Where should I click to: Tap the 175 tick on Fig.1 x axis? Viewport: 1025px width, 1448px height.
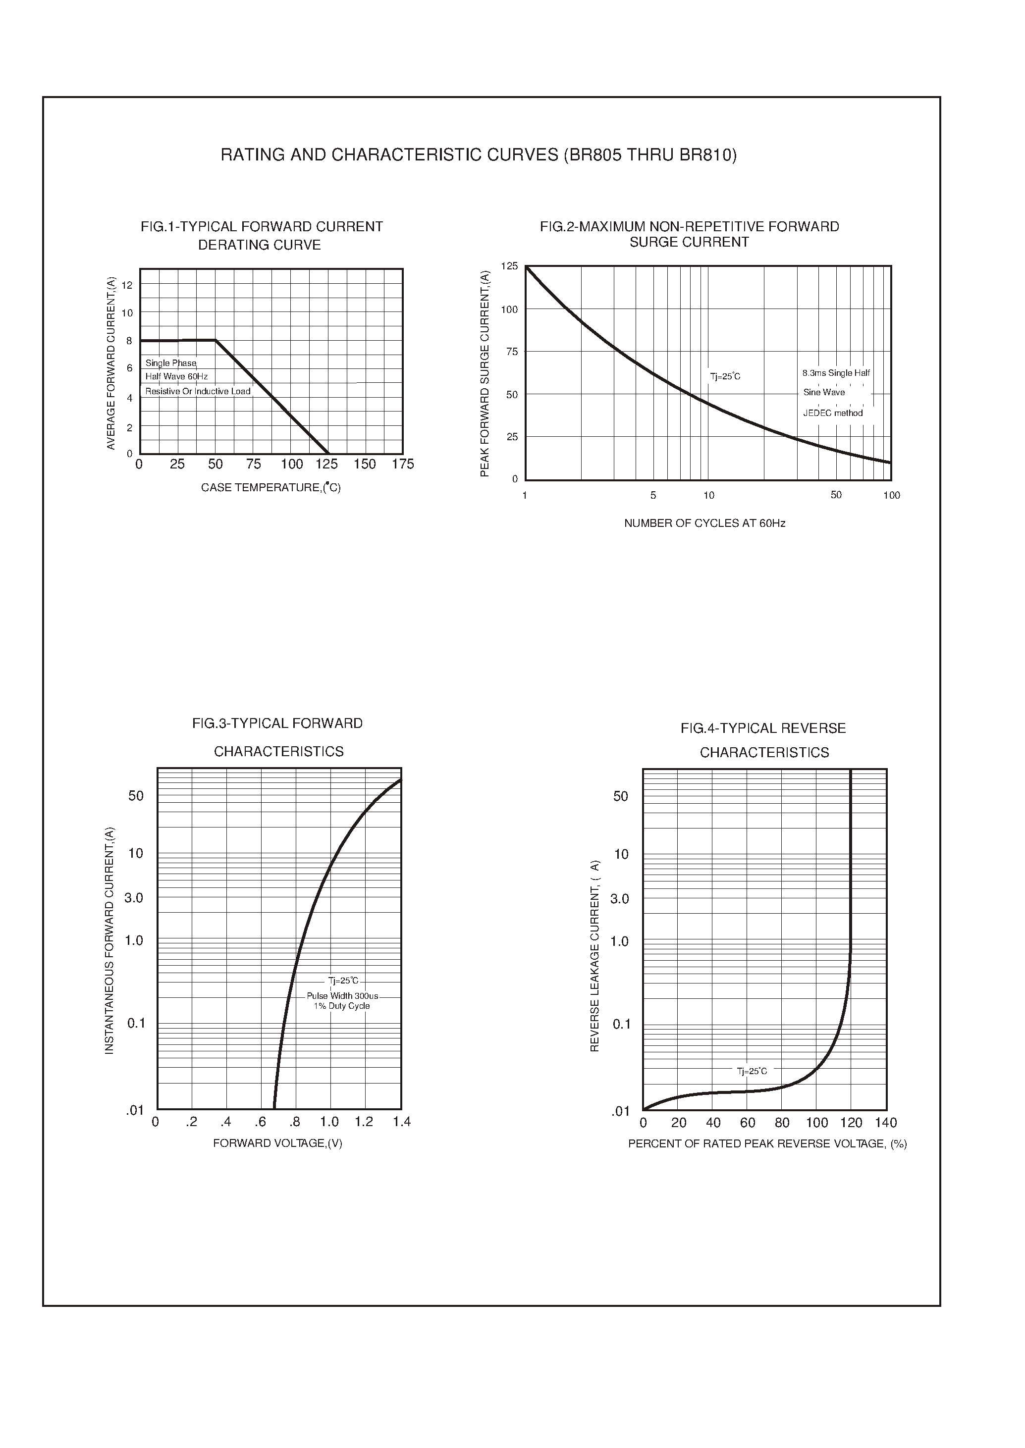[403, 465]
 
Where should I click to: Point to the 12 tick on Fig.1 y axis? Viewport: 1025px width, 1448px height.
[127, 285]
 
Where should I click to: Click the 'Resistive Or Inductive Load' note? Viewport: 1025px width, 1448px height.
[198, 391]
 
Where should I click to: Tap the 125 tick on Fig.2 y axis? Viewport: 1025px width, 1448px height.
[509, 266]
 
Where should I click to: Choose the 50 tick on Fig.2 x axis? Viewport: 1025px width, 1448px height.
[836, 495]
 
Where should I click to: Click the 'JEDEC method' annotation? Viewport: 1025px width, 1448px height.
[832, 414]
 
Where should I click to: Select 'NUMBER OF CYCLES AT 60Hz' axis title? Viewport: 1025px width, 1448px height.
[704, 523]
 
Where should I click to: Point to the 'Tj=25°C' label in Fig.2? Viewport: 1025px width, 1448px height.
[725, 377]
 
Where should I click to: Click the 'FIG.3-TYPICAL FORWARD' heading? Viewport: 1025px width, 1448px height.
[278, 724]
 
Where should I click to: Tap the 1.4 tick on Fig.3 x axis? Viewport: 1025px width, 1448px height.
[401, 1122]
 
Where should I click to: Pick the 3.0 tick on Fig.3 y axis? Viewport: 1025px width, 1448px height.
[134, 898]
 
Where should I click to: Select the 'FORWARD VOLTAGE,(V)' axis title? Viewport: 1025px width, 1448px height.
[278, 1143]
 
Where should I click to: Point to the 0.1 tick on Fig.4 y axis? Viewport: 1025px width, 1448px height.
[622, 1024]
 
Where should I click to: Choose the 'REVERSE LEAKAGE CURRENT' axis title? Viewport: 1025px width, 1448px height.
[594, 956]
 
